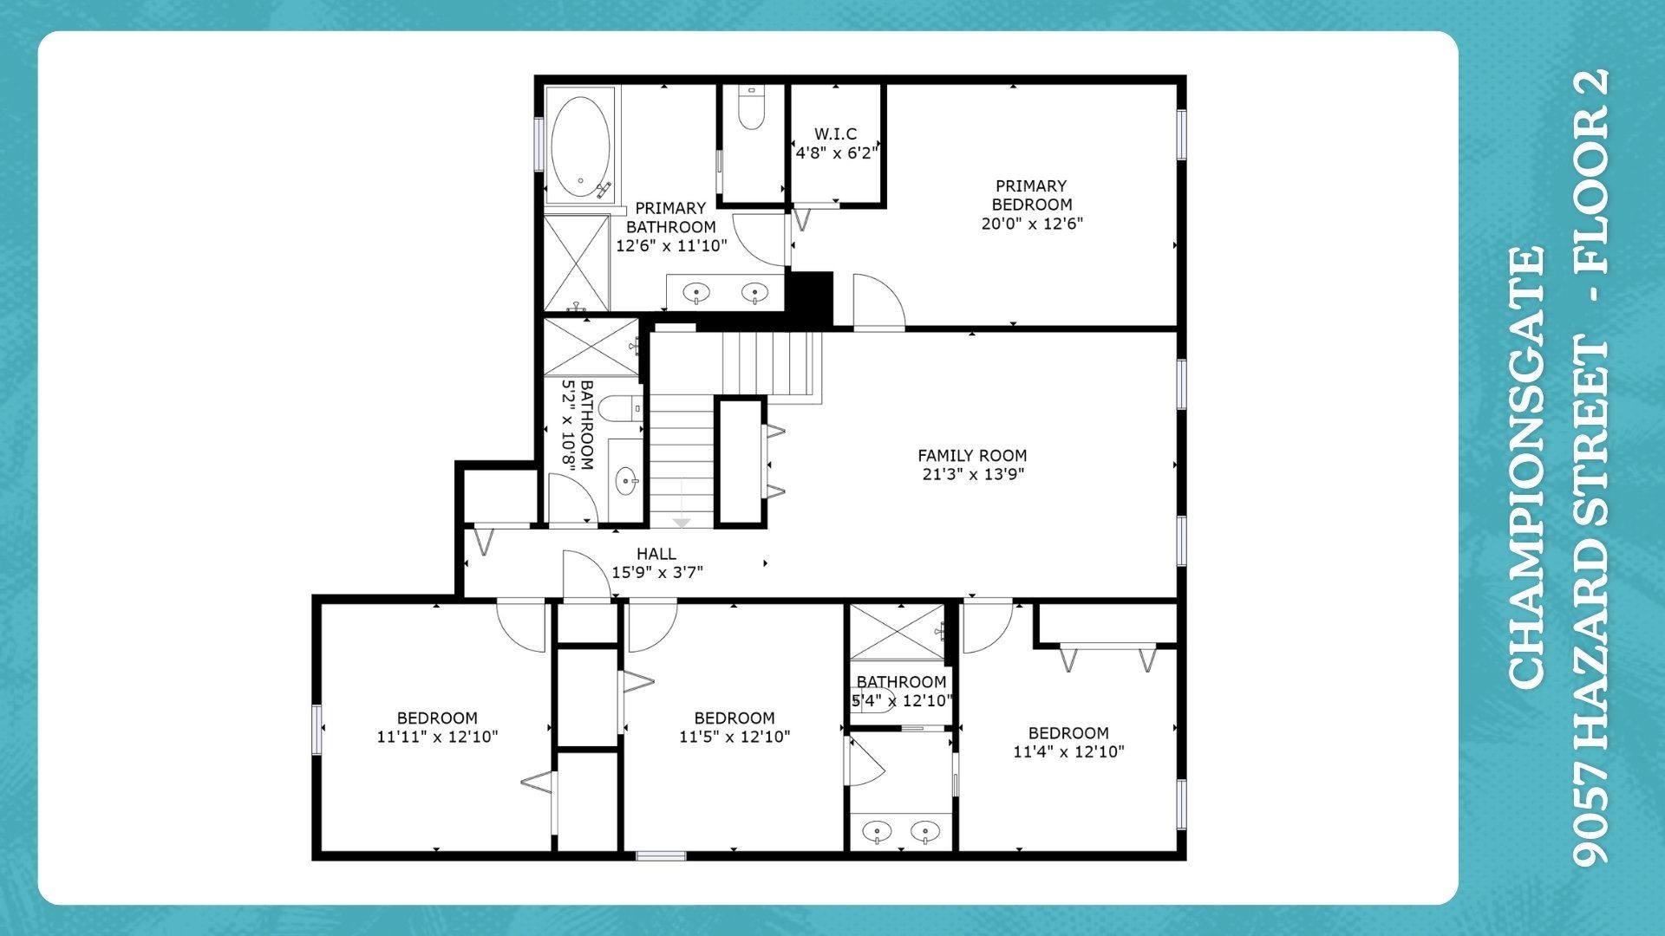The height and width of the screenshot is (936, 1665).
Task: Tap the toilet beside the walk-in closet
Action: click(751, 107)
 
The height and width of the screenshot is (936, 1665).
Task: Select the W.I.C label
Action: click(835, 133)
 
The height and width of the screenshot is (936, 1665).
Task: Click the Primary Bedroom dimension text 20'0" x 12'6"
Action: click(1032, 224)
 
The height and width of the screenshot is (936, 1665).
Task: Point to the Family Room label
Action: click(972, 455)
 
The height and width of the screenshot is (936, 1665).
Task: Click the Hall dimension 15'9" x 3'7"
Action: click(656, 572)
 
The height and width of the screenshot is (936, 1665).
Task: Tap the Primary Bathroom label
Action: click(670, 218)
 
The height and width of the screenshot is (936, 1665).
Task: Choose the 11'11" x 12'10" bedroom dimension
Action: click(437, 737)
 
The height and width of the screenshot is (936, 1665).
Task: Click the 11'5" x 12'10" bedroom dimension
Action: click(735, 737)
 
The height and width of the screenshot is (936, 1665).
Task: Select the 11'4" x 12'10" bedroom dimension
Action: click(1068, 751)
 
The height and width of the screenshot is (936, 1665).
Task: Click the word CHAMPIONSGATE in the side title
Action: click(1526, 468)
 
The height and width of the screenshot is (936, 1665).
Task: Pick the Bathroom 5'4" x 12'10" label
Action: click(902, 692)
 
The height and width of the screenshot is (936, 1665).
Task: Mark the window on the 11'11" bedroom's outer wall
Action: click(317, 729)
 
